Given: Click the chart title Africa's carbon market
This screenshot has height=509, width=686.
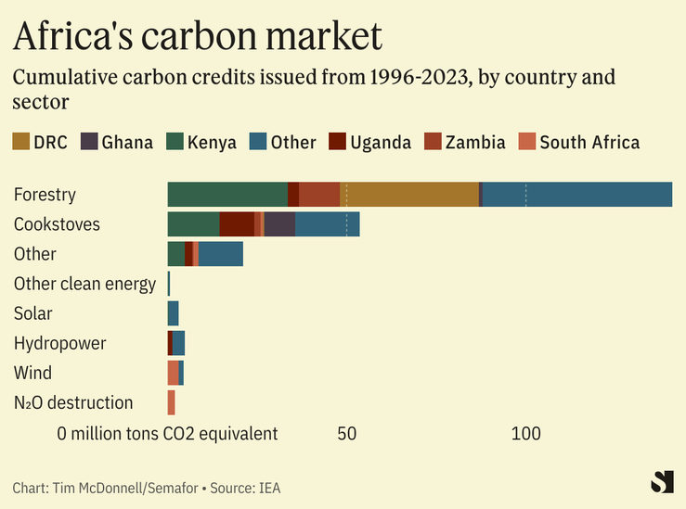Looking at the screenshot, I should pos(197,36).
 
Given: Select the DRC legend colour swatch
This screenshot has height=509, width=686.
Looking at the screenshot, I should pos(20,142).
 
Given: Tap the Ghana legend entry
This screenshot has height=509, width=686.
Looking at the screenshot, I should pos(117,142).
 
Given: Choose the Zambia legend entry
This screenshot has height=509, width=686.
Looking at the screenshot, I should pos(465,142).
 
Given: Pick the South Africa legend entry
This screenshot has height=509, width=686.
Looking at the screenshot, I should pos(580,142).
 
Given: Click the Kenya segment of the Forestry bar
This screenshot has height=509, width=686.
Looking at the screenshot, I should pos(227,195).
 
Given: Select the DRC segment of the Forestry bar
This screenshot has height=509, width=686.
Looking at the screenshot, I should pos(409,195).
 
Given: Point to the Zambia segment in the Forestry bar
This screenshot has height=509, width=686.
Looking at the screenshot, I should pos(318,195).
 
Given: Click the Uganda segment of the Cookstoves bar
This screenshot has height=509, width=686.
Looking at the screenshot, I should pos(237,224).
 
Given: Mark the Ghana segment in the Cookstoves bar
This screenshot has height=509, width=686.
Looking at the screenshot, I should pos(279,224).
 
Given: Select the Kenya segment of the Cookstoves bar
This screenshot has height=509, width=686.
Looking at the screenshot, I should pos(193,224).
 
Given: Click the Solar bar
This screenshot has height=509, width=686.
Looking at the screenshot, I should pos(173,313).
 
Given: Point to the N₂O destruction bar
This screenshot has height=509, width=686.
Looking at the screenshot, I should pos(172,402).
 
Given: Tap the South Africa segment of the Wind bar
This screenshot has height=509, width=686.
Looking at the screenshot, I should pos(173,373).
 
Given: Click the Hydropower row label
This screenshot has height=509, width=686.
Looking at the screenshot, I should pos(59,343).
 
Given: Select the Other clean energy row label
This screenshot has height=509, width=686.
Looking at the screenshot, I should pos(84,284).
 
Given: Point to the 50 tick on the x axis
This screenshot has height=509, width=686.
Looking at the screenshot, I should pos(346,433).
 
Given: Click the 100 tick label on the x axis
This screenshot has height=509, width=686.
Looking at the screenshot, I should pos(525,433).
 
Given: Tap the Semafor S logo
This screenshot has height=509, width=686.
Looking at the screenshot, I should pos(661,482).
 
